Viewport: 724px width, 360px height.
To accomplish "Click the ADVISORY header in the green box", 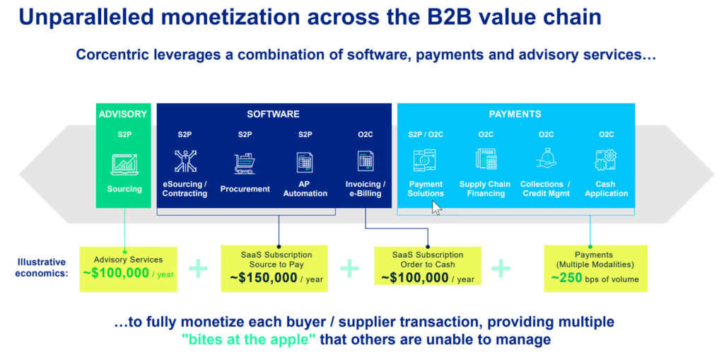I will point(123,114).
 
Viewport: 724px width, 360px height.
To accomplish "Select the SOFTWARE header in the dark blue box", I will point(273,114).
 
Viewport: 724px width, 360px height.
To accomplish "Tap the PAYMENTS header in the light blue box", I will point(515,114).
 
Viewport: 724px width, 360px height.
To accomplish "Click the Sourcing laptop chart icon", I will point(124,164).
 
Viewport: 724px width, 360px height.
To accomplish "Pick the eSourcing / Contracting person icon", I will point(185,162).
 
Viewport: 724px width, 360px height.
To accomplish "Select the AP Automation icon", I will point(305,162).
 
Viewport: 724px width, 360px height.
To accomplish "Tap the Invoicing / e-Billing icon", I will point(366,162).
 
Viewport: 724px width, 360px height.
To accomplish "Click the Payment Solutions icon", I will point(425,161).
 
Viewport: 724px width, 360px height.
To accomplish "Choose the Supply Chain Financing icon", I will point(486,160).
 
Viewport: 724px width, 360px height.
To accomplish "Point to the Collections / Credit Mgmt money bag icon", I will point(546,160).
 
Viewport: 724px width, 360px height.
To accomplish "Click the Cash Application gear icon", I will point(605,160).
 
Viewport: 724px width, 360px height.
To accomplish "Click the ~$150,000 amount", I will point(264,278).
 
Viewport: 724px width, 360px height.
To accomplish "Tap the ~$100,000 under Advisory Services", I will point(117,273).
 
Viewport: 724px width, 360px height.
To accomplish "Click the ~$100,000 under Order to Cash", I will point(415,278).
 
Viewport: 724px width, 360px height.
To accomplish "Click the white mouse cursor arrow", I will point(436,207).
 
